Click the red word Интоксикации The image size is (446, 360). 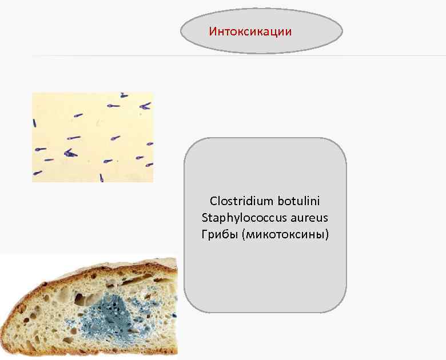(x=250, y=31)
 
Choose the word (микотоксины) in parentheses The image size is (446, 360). (x=285, y=234)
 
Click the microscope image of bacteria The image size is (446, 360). (x=93, y=137)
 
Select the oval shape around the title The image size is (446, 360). (x=320, y=41)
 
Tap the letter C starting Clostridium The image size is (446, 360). (x=213, y=201)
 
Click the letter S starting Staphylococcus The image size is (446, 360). (x=205, y=218)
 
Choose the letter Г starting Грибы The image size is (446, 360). (x=205, y=234)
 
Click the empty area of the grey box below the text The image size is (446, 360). (x=265, y=280)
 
